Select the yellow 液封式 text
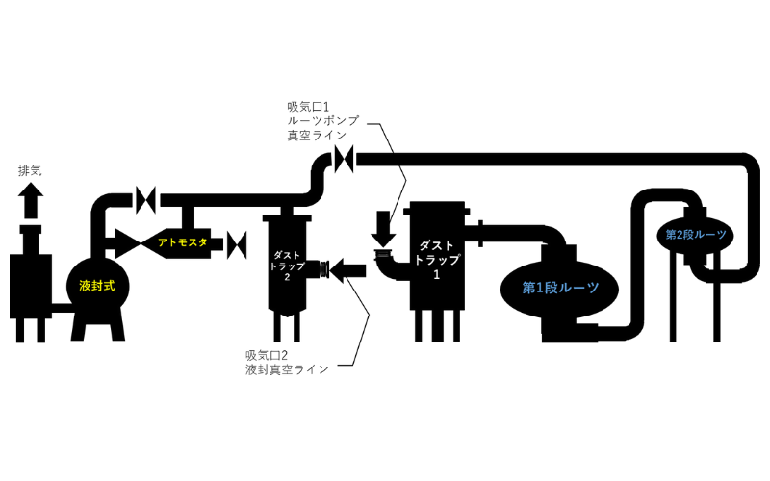click(97, 286)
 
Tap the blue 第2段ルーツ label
click(695, 234)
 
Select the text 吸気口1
click(309, 106)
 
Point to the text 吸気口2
click(267, 354)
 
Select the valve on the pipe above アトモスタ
click(147, 199)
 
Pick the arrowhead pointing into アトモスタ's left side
click(125, 241)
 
